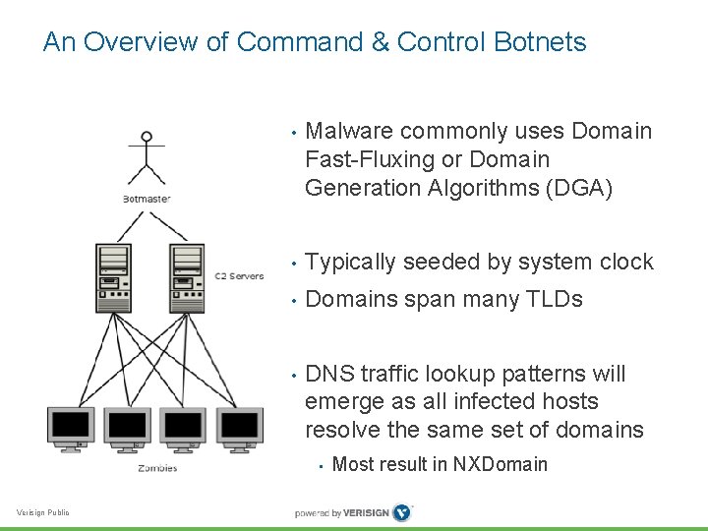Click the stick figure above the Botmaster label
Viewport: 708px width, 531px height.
(x=147, y=159)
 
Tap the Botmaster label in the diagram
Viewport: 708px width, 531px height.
(x=147, y=199)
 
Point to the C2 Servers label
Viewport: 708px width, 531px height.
(x=239, y=276)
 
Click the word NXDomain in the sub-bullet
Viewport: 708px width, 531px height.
(x=499, y=464)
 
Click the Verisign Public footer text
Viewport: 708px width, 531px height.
(x=43, y=512)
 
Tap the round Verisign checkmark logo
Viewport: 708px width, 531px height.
(x=401, y=512)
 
